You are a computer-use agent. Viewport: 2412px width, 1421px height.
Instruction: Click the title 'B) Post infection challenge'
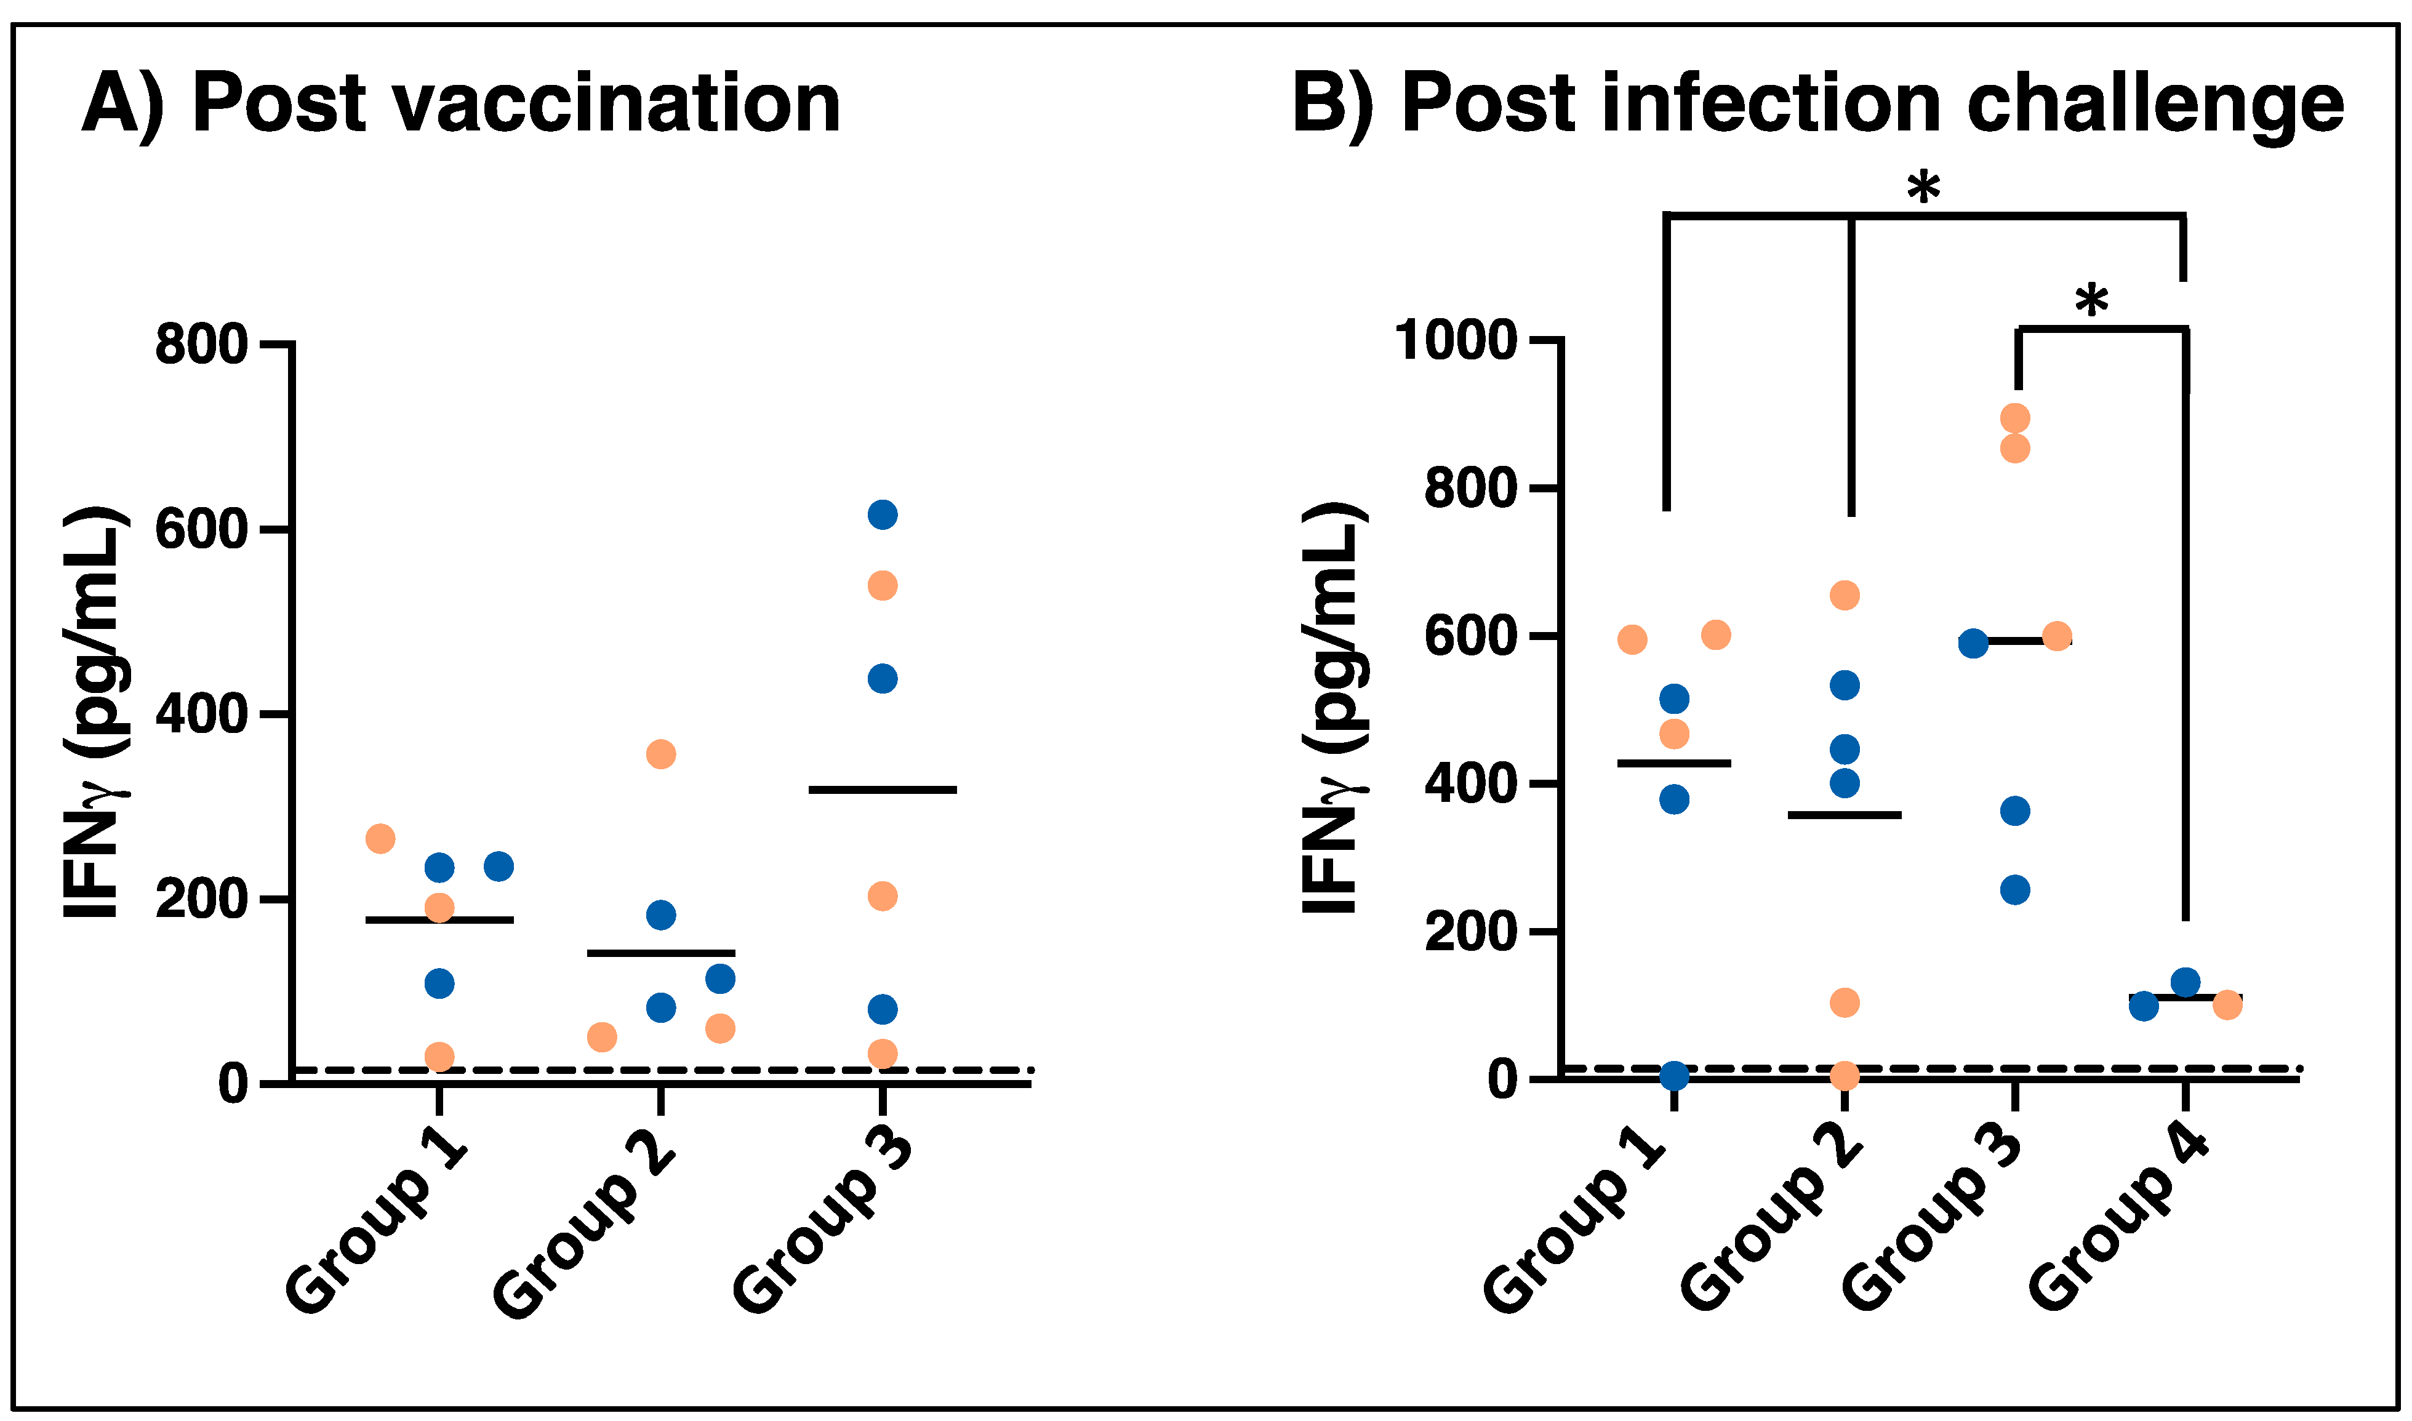coord(1817,103)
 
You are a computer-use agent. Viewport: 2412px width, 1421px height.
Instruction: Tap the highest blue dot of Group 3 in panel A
coord(882,515)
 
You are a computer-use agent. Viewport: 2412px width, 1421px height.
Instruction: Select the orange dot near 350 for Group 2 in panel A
coord(660,755)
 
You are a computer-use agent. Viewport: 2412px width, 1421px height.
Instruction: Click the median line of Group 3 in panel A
coord(882,790)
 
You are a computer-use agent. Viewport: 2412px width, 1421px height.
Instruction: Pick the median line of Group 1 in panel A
coord(439,920)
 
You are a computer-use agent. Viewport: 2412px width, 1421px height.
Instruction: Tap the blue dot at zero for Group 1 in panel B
coord(1673,1075)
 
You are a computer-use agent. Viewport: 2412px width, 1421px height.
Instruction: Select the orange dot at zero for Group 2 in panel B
coord(1844,1075)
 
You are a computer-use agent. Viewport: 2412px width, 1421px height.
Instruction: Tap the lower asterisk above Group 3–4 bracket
coord(2091,302)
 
